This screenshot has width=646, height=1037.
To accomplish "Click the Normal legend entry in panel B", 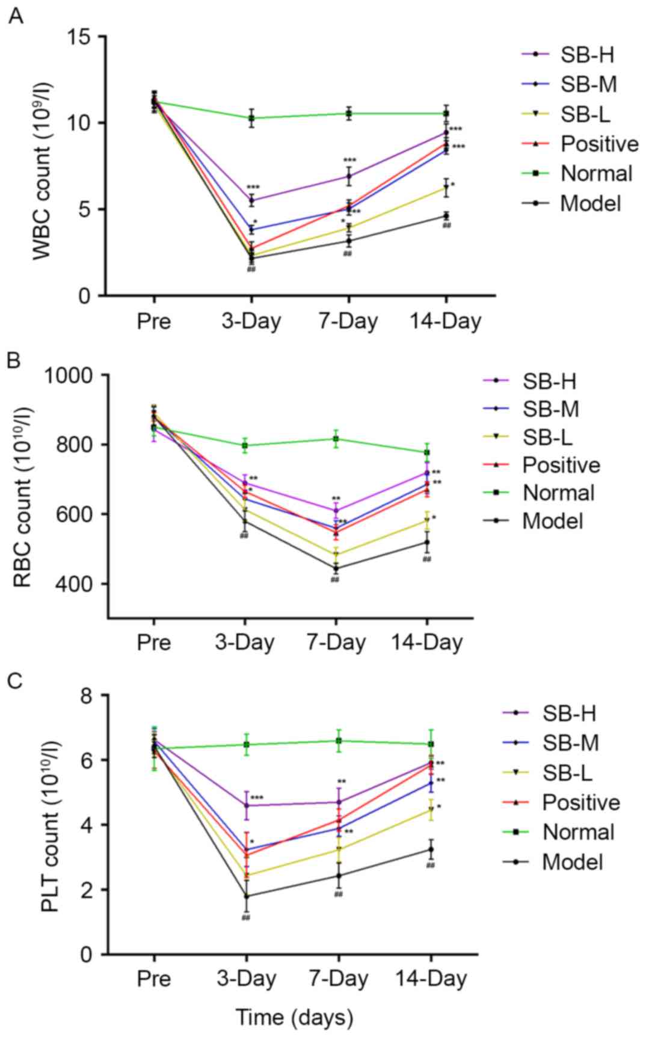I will click(x=558, y=493).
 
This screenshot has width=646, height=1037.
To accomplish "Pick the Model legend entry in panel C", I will click(x=571, y=862).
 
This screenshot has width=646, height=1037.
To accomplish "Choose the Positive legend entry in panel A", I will click(x=598, y=144).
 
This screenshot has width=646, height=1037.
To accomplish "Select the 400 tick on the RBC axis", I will click(x=75, y=583).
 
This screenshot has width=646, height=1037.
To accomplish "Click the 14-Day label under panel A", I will click(x=446, y=321).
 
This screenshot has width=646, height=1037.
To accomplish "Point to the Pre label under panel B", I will click(x=154, y=642).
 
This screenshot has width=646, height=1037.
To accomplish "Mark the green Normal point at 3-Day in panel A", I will click(x=251, y=118).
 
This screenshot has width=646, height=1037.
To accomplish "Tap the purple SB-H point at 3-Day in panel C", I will click(x=246, y=805).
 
